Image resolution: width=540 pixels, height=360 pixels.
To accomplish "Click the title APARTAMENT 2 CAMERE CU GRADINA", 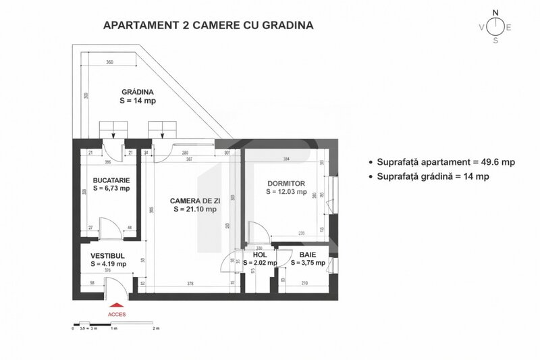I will (x=207, y=26).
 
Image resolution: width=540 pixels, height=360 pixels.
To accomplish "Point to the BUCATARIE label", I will (x=111, y=181).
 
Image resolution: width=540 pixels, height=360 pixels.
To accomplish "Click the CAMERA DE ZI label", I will (x=194, y=201).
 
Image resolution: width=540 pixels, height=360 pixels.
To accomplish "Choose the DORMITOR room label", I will (x=286, y=183).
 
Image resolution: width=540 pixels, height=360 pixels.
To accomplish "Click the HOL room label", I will (x=260, y=255).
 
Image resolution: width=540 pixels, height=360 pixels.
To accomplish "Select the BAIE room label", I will (x=308, y=255).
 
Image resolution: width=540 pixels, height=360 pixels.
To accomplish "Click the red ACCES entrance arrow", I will (x=116, y=305).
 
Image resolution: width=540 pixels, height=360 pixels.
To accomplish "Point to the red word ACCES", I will (x=116, y=314).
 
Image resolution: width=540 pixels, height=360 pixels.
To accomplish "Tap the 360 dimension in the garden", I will (x=109, y=62).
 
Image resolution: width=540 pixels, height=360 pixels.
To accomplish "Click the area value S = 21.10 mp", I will (x=194, y=209).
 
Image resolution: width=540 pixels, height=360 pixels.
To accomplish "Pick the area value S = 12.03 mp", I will (x=286, y=192).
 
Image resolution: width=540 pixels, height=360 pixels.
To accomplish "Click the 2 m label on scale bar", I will (x=156, y=328).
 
